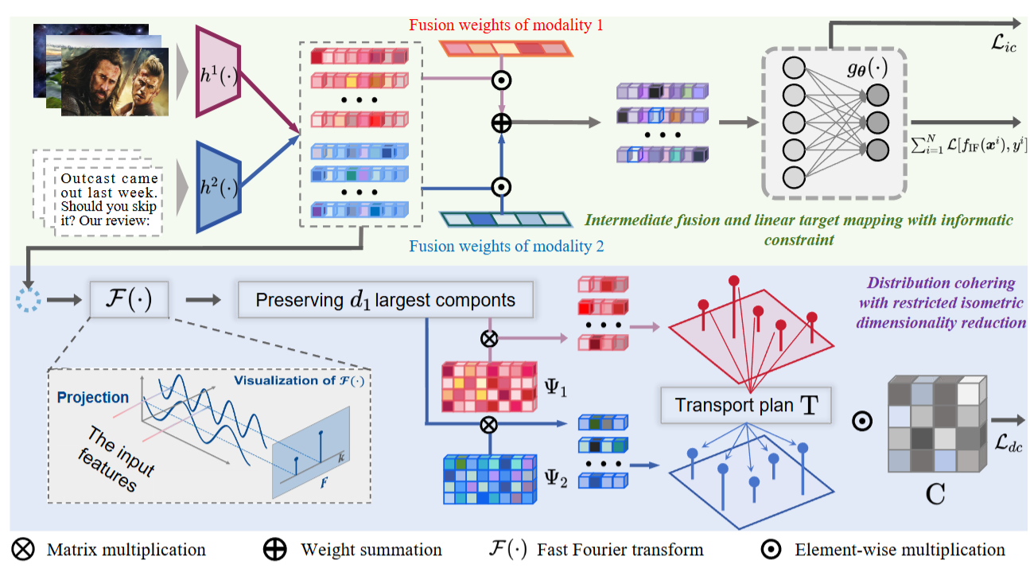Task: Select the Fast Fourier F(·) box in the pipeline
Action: (129, 300)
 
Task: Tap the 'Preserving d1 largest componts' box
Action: (385, 301)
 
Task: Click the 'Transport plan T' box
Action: (745, 405)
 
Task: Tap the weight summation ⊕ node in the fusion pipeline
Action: (501, 123)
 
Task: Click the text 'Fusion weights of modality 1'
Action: (506, 25)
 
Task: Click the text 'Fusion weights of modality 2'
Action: (507, 246)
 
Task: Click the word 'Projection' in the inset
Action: (92, 397)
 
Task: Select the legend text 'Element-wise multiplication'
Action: (899, 550)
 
